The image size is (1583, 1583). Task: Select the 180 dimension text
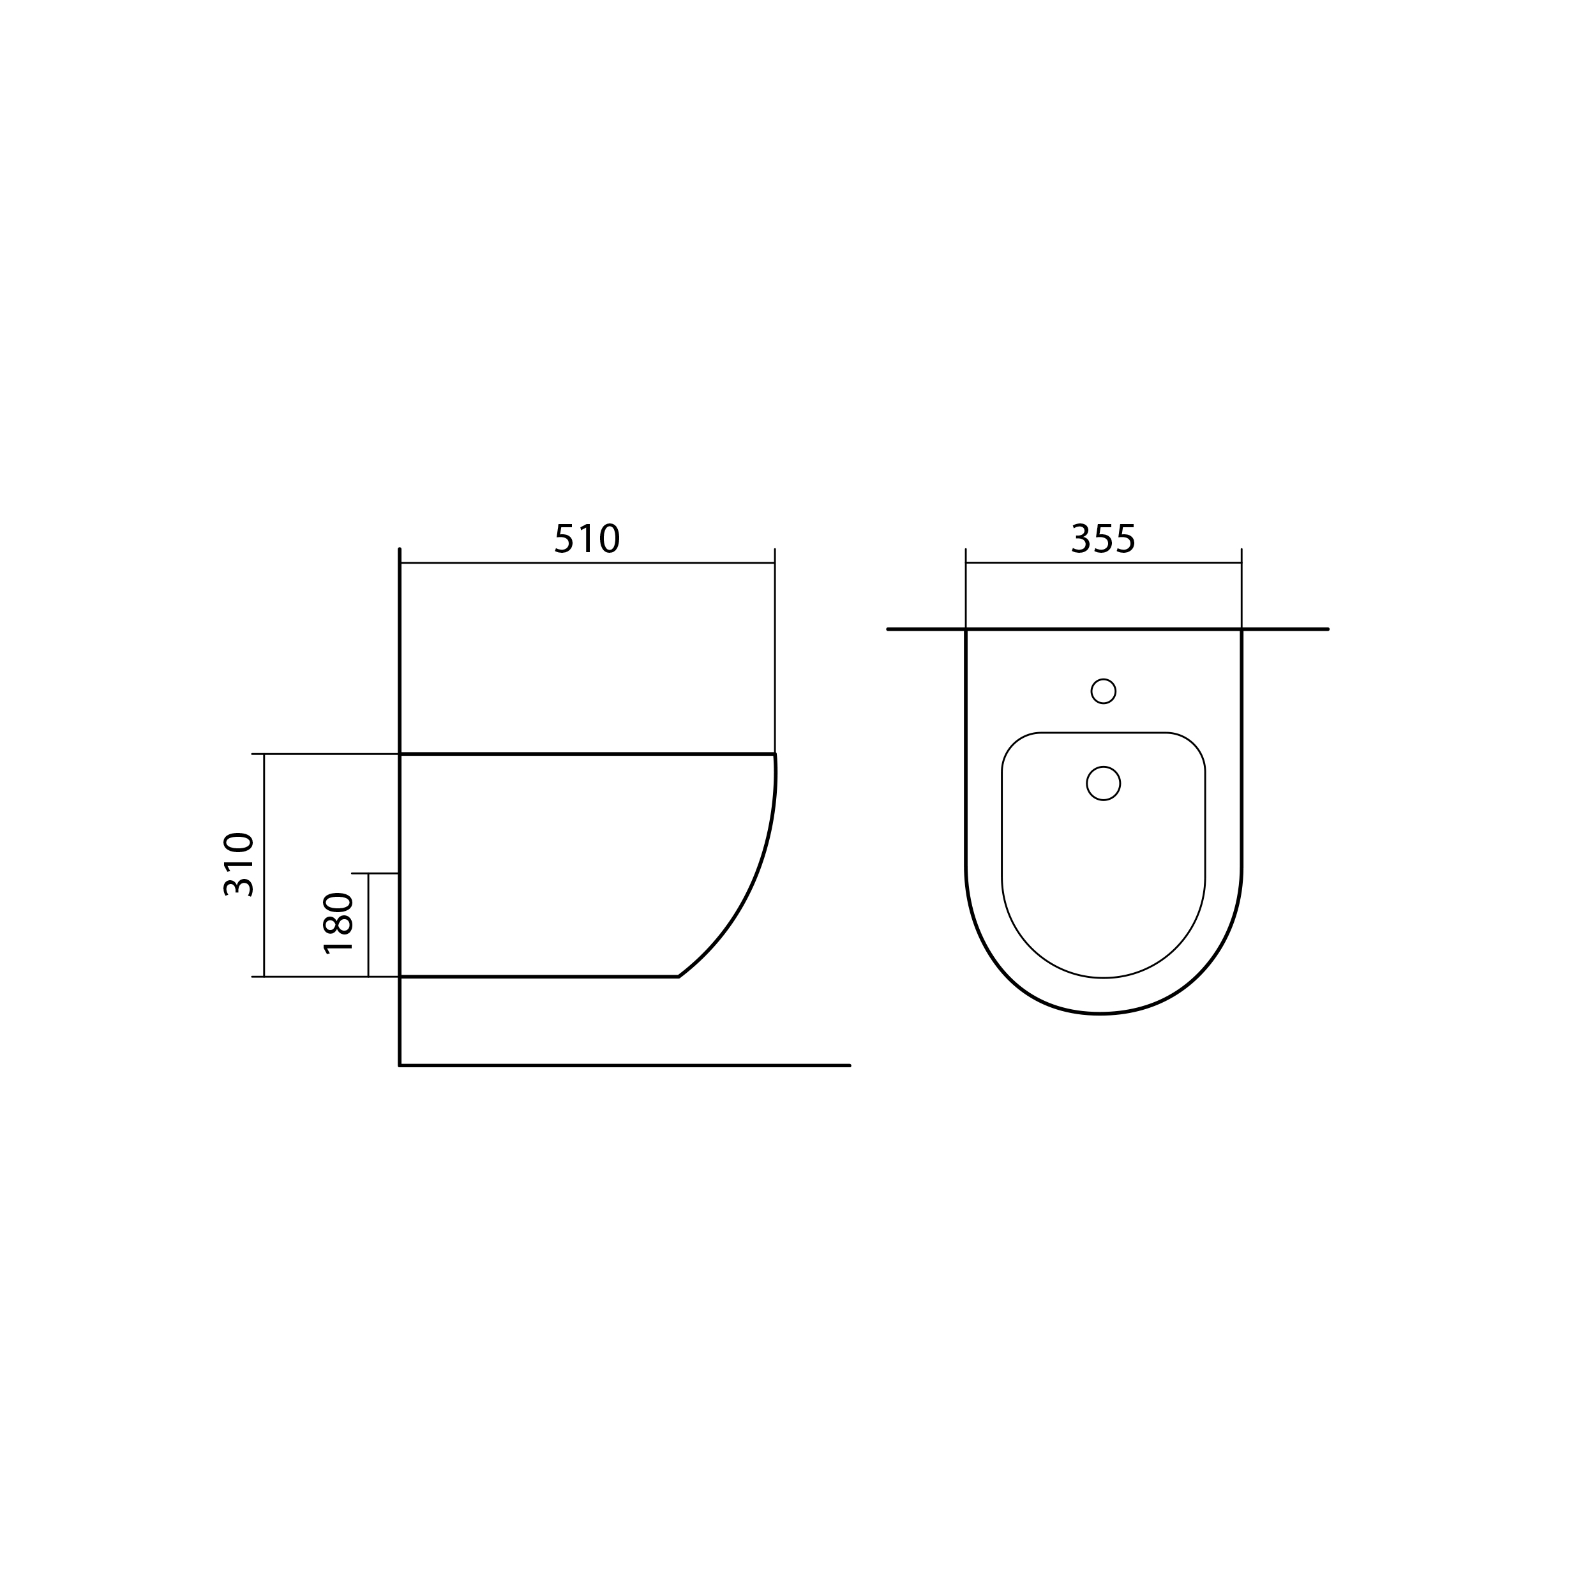338,924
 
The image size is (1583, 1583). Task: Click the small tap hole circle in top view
1103,691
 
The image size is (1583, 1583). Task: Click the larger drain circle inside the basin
1103,783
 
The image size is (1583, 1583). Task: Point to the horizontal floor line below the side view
623,1065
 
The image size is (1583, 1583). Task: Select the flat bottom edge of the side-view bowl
532,977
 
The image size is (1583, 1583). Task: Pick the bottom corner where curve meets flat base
679,977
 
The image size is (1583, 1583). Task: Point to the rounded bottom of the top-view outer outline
1101,1014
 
